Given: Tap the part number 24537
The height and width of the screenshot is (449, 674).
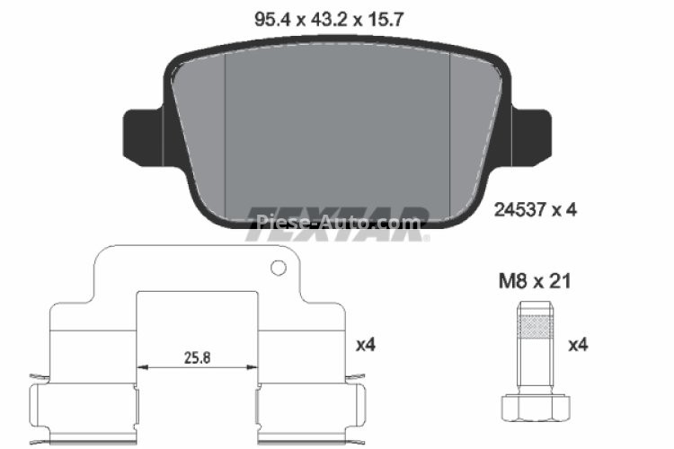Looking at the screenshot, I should point(520,210).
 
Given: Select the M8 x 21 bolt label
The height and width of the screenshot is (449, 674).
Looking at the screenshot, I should point(536,281).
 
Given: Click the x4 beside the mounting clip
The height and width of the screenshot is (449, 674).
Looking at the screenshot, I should point(365,344).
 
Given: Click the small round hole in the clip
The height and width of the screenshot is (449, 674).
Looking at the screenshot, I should point(279,268).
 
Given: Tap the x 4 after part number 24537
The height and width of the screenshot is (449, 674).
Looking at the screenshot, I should point(563,210).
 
